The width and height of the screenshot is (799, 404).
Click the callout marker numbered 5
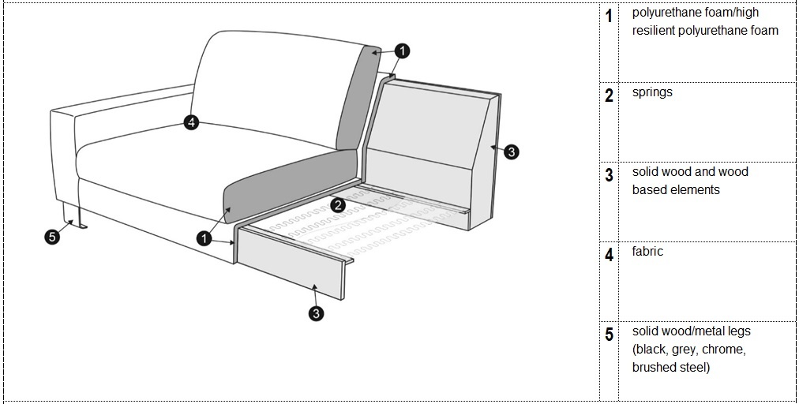coord(52,237)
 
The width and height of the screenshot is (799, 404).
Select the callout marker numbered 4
coord(191,122)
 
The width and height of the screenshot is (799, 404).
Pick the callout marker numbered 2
coord(337,205)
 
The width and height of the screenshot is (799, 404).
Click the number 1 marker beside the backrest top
coord(402,51)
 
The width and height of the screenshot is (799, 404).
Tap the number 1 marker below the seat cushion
coord(204,238)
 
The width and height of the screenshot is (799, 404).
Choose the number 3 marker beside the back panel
coord(512,151)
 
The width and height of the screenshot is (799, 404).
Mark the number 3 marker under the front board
coord(316,313)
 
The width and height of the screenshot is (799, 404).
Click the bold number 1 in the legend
coord(609,16)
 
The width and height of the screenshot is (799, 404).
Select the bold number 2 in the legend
coord(609,95)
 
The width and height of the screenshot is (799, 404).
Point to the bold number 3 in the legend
coord(609,174)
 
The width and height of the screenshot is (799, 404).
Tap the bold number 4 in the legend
coord(609,254)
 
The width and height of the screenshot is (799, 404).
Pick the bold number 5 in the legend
coord(609,335)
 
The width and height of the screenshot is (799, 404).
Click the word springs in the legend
coord(652,93)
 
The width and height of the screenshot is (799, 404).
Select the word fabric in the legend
coord(647,251)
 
